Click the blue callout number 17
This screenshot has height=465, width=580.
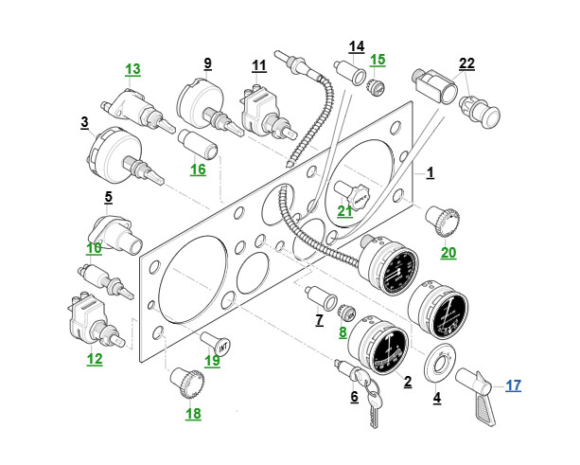(514, 385)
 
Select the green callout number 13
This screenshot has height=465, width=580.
(132, 69)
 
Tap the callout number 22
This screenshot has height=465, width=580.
(466, 63)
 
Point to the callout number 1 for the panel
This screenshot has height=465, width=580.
(431, 173)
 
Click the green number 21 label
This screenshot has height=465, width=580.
(344, 210)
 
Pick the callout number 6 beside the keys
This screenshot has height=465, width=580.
(355, 397)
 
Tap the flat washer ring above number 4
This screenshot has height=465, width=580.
(440, 363)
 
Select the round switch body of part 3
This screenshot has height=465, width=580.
(114, 154)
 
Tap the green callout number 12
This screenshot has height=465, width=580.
(95, 359)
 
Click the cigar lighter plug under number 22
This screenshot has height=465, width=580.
(480, 112)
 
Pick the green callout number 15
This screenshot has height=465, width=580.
(378, 60)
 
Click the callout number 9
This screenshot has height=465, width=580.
(208, 63)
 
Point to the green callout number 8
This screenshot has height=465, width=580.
(343, 332)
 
